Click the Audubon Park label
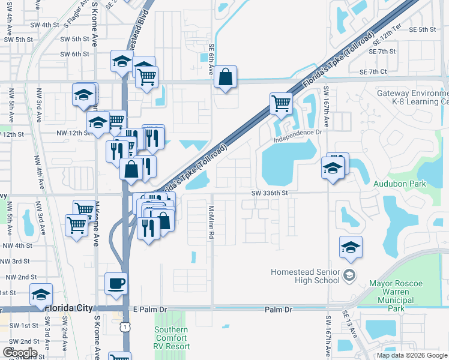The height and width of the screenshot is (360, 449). pos(399,184)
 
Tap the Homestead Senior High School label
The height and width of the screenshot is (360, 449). pos(306,276)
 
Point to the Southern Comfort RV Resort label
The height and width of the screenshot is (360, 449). pos(172,338)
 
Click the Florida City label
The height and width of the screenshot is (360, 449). pos(70,308)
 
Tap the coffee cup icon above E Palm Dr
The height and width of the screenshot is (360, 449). pos(116,283)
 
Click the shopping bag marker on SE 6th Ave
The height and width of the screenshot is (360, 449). pos(225,77)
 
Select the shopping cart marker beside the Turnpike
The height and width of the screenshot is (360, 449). pos(280,103)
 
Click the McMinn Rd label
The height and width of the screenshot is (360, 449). pos(211,223)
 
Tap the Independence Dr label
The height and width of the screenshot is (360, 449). pos(298,136)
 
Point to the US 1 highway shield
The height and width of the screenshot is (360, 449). pos(124,326)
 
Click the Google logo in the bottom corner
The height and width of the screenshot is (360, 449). pos(20,352)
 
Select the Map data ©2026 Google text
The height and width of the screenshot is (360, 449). pos(412,355)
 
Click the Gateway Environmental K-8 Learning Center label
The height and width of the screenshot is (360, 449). pos(412,98)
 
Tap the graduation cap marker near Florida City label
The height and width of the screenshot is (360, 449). pos(41,295)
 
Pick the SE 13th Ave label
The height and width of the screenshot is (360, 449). pos(345,323)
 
